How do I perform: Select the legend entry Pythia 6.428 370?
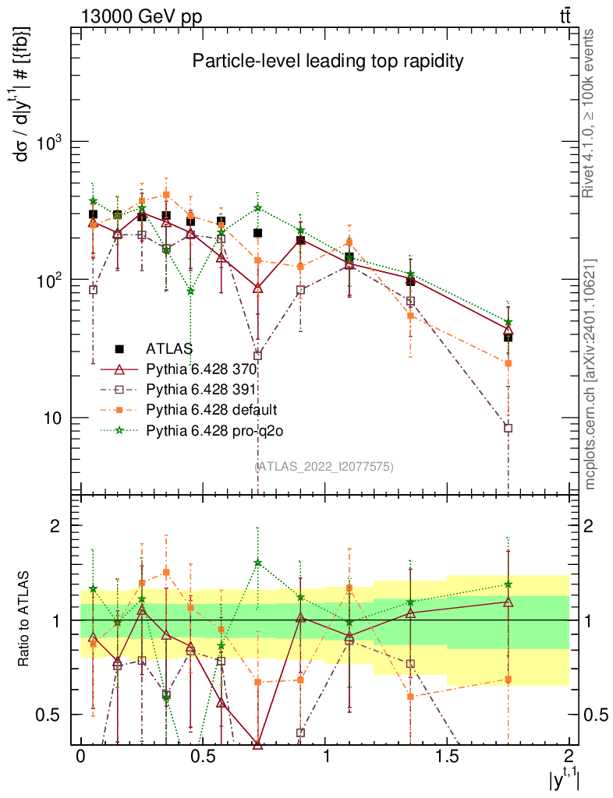tap(202, 369)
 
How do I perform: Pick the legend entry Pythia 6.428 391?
tap(202, 389)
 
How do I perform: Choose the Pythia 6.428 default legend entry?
tap(211, 409)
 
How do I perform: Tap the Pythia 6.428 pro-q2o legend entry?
tap(213, 429)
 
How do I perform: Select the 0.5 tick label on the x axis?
tap(202, 758)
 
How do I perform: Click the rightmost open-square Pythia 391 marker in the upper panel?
tap(508, 428)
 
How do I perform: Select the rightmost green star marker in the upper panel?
tap(508, 322)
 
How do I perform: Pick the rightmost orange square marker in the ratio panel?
tap(508, 680)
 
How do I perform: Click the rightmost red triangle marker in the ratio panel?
tap(508, 602)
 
